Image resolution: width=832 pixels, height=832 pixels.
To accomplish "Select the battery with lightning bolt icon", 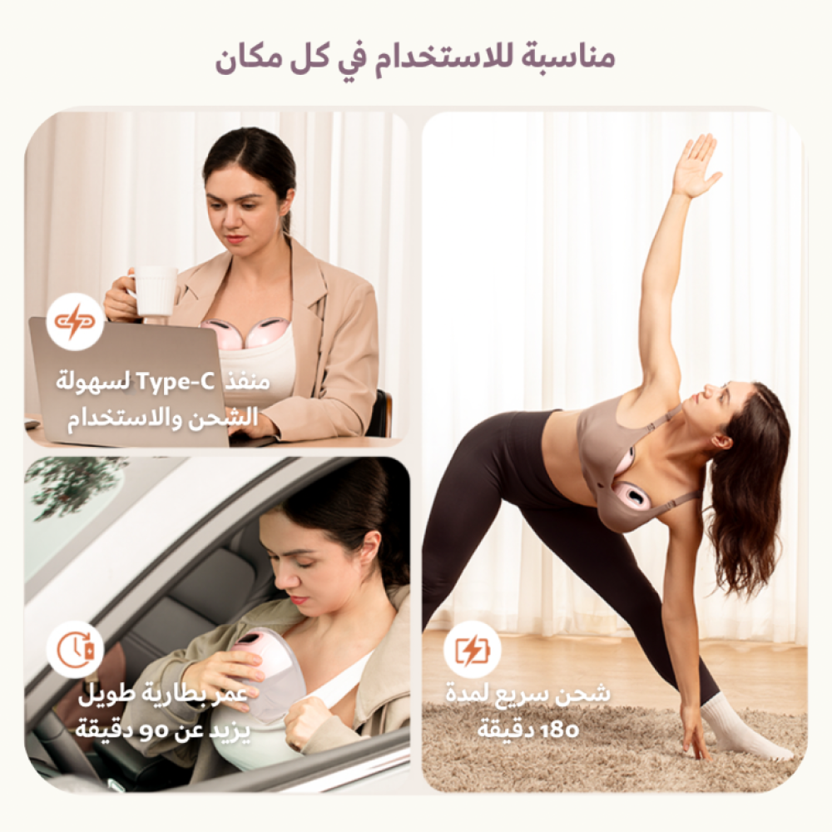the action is tap(472, 650).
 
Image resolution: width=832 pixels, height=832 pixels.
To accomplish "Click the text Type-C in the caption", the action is tap(176, 381).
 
